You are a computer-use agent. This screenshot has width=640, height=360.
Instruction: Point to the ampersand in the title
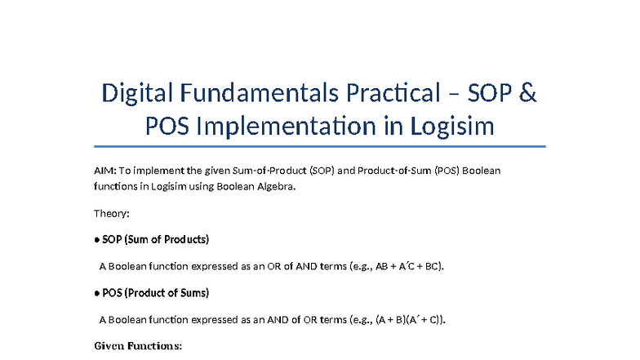tap(528, 94)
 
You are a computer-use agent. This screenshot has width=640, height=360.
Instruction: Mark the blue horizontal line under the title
tap(319, 148)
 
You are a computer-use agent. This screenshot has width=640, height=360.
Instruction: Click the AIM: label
tap(105, 171)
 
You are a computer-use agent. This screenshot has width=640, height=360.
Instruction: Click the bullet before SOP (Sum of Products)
tap(97, 240)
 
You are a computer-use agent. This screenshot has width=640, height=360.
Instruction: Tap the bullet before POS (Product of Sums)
tap(97, 293)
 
